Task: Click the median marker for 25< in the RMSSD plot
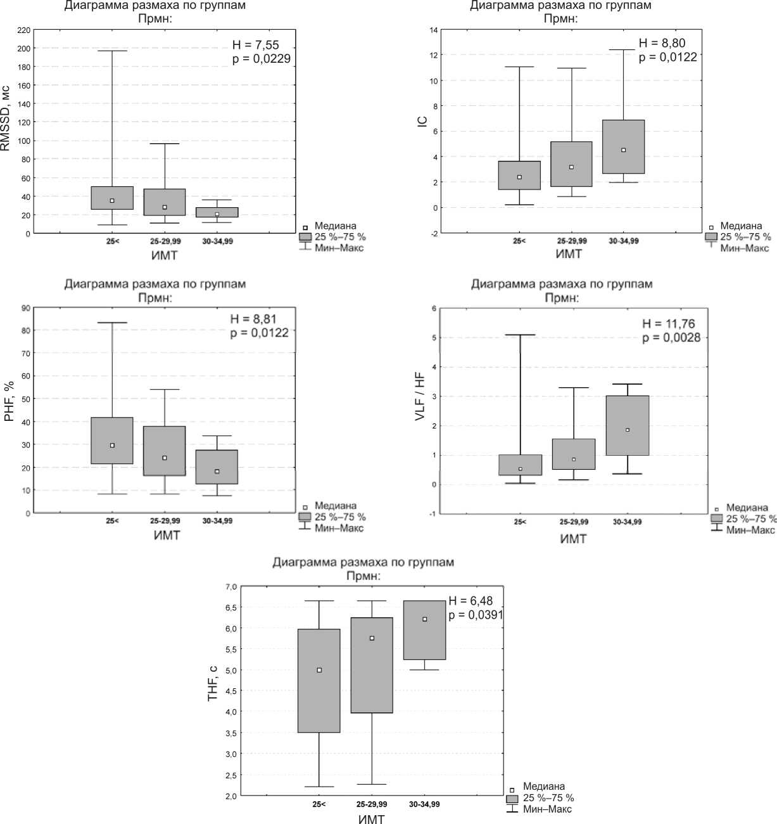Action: coord(112,201)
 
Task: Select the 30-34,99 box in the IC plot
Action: coord(624,146)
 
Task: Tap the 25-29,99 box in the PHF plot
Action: coord(165,451)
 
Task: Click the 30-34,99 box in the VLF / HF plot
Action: coord(628,425)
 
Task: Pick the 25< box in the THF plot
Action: coord(319,681)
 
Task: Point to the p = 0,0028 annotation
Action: coord(671,338)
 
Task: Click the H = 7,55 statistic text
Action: coord(255,45)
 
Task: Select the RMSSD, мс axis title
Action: coord(6,120)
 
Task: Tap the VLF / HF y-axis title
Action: coord(420,396)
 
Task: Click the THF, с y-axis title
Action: coord(213,683)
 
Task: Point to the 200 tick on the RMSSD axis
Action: coord(24,48)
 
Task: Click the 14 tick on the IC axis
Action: coord(433,30)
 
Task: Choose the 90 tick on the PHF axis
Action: coord(26,308)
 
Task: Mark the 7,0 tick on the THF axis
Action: coord(231,587)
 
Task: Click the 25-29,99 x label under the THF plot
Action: coord(372,804)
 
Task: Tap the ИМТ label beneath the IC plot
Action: coord(569,254)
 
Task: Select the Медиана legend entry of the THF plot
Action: coord(543,787)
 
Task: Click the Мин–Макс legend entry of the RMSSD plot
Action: coord(339,248)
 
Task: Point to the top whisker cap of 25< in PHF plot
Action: coord(112,323)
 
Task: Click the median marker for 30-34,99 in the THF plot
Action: coord(425,619)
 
